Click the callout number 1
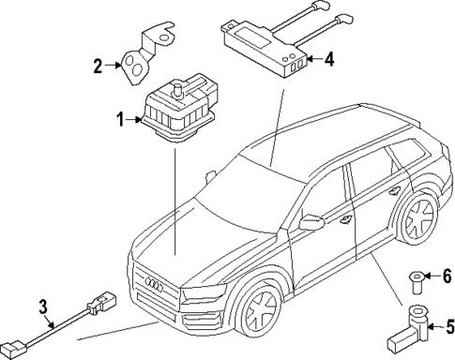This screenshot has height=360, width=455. click(x=119, y=119)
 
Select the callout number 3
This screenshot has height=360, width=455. click(x=42, y=306)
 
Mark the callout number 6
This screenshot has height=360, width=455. click(x=448, y=276)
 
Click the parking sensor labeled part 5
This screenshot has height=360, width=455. click(x=413, y=324)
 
